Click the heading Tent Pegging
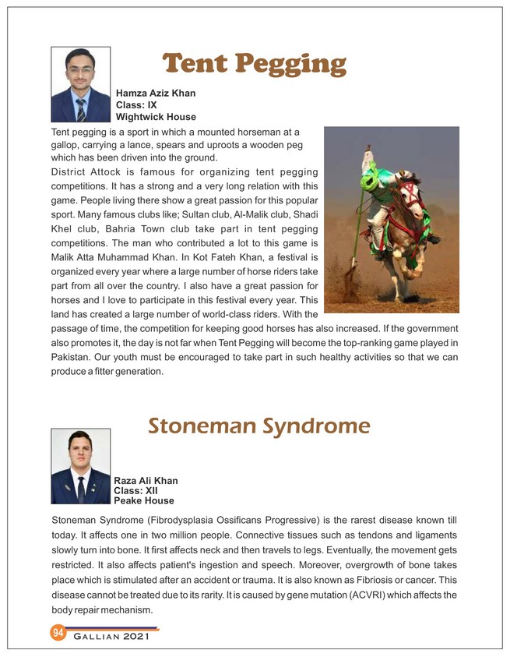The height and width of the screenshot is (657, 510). pyautogui.click(x=254, y=65)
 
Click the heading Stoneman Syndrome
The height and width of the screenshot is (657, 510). pyautogui.click(x=258, y=426)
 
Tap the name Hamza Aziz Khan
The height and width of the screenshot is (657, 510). pyautogui.click(x=155, y=94)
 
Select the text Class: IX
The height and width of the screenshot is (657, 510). pyautogui.click(x=137, y=105)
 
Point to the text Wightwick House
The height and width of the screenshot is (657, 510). pyautogui.click(x=156, y=117)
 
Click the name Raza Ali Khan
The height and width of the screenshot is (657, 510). pyautogui.click(x=146, y=481)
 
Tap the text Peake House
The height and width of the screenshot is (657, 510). pyautogui.click(x=144, y=501)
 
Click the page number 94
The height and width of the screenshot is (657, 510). pyautogui.click(x=58, y=632)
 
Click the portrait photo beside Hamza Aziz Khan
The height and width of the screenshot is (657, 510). pyautogui.click(x=80, y=84)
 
